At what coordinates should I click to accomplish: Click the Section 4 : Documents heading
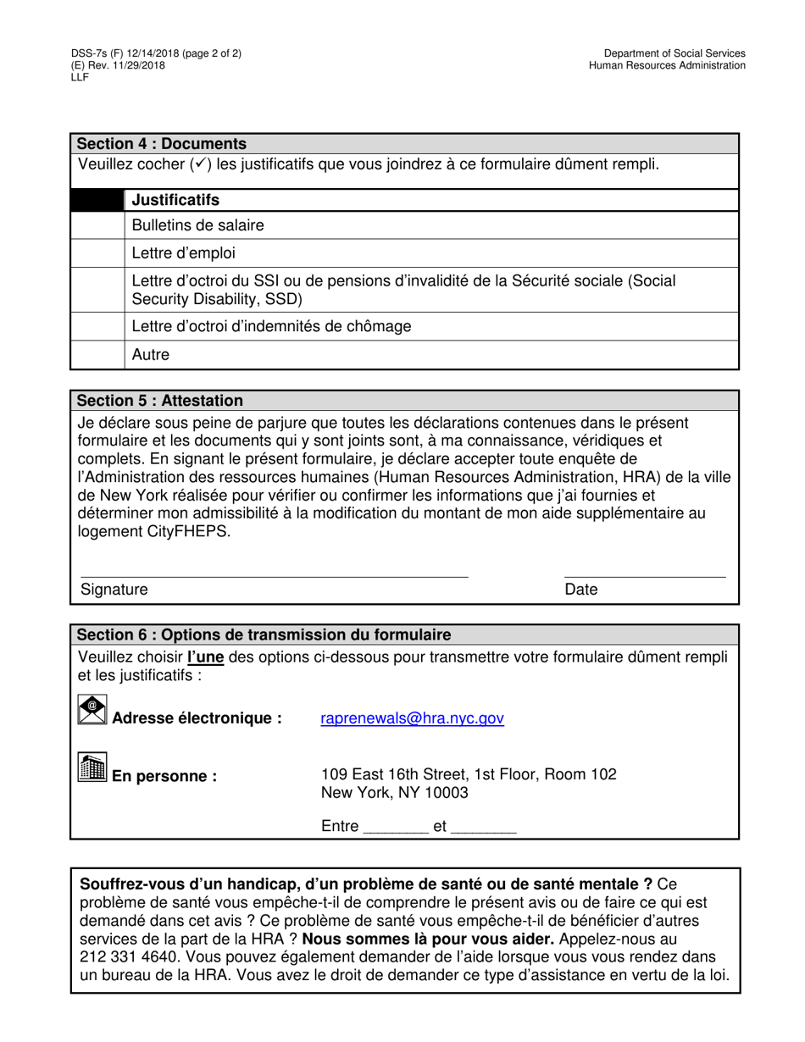coord(162,144)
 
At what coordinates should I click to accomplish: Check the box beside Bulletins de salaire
coord(97,225)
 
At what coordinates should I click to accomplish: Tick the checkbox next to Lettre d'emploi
coord(97,253)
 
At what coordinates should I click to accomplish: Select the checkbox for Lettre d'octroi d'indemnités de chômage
coord(97,326)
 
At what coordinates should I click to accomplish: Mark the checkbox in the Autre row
coord(97,355)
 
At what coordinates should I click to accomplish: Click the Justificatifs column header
coord(175,200)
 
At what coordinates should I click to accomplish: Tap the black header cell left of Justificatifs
coord(97,200)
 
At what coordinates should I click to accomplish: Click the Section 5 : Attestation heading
coord(160,401)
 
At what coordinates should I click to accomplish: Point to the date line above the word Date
coord(644,576)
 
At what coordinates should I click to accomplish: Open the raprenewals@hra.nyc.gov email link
coord(412,718)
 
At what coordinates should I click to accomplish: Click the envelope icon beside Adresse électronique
coord(92,711)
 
